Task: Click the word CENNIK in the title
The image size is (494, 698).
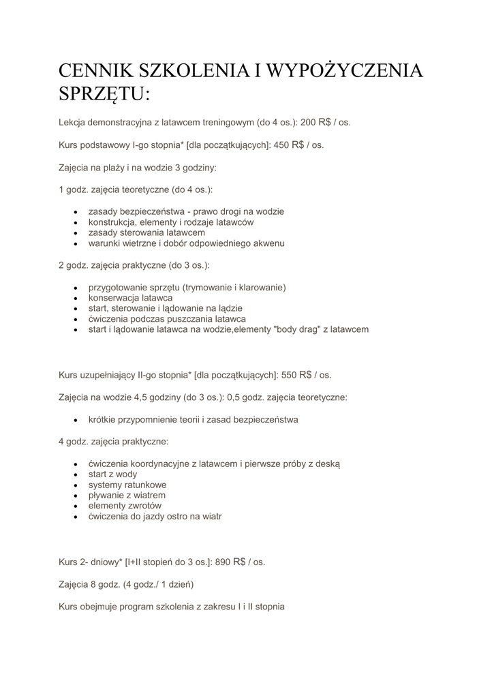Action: [96, 71]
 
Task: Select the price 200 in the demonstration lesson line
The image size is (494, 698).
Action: [308, 123]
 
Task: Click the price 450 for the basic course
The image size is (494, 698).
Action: [281, 145]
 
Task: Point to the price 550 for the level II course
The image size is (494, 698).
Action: [290, 375]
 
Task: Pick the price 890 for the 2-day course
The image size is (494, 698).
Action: [223, 562]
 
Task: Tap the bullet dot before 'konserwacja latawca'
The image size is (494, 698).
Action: [75, 299]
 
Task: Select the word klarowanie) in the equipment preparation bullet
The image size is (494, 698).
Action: [262, 288]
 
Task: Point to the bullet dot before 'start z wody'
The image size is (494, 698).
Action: [75, 474]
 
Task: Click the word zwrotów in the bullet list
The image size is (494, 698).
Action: [145, 506]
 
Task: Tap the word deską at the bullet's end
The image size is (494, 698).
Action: [326, 464]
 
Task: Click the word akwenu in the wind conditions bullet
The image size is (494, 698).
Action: [268, 243]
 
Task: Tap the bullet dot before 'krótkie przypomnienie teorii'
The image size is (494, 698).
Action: [75, 420]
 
